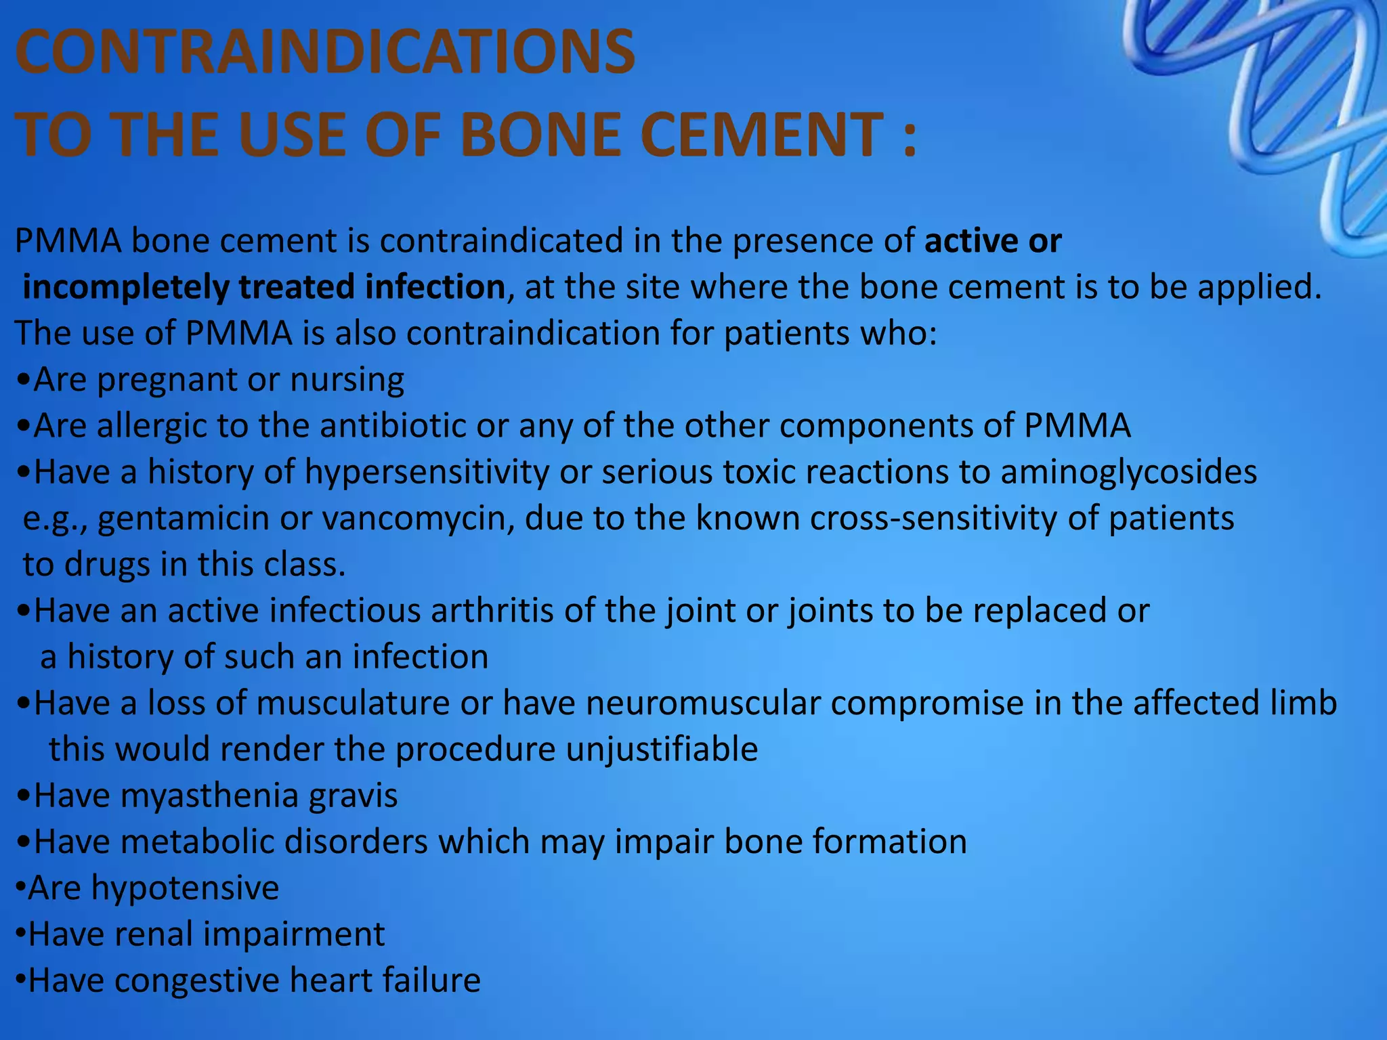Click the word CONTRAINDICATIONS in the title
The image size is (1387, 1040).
[325, 53]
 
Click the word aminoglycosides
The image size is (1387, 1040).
[1128, 473]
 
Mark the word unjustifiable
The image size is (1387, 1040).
[661, 750]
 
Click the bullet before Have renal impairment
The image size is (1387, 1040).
[21, 934]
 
